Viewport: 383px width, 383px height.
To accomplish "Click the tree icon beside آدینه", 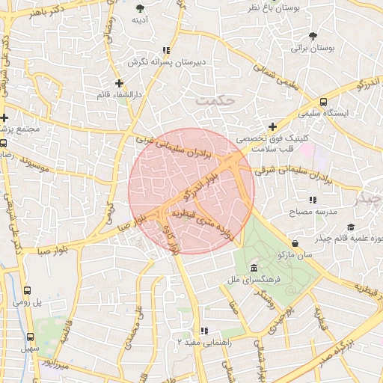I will pos(140,8).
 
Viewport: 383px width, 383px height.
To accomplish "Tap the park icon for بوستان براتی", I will pos(313,36).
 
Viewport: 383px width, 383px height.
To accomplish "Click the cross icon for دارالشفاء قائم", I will pos(119,83).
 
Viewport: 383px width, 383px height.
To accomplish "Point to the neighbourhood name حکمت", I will pos(215,99).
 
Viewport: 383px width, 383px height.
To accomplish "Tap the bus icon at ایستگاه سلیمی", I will pos(323,102).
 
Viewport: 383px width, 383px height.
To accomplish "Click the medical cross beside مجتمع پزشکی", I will pos(4,118).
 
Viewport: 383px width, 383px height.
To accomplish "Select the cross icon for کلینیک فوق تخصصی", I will pos(273,127).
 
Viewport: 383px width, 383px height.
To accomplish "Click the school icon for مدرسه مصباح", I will pos(313,200).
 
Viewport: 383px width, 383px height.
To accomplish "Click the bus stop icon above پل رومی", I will pos(28,290).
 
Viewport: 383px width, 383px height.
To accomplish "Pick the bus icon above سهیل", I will pos(31,337).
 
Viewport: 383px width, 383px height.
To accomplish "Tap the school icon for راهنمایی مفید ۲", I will pos(203,330).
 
